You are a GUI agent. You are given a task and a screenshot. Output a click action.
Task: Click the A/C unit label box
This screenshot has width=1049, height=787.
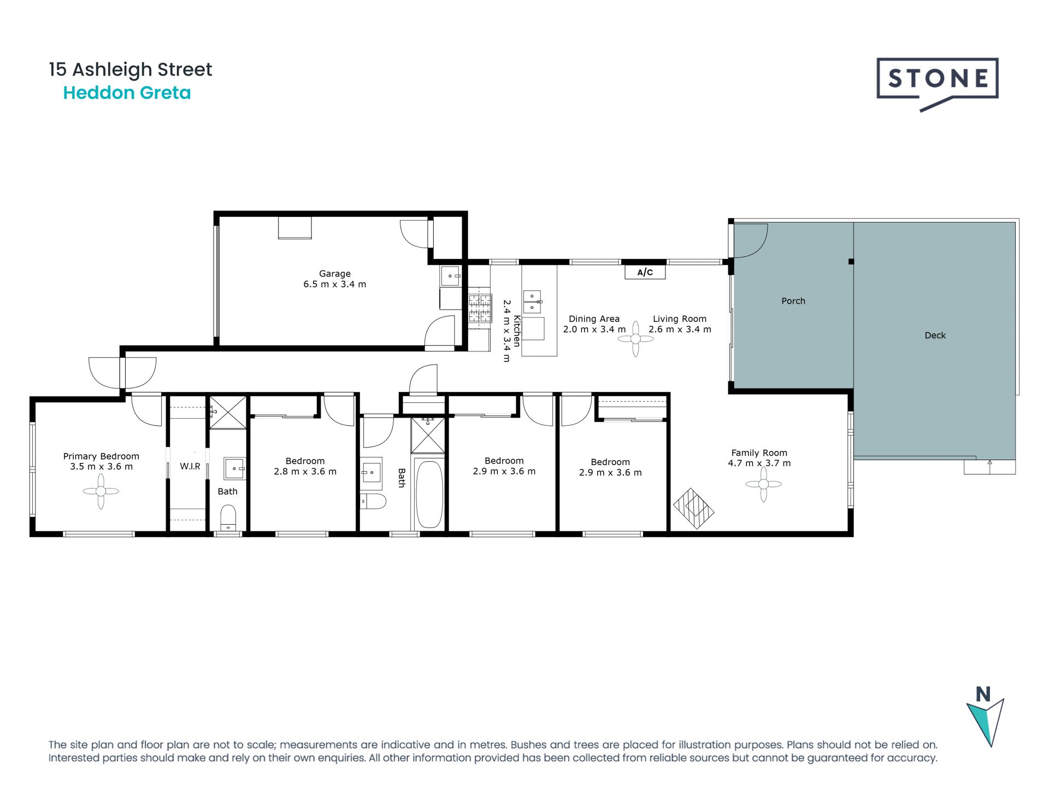click(645, 272)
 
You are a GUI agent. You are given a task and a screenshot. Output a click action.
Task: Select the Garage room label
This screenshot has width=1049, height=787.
click(335, 274)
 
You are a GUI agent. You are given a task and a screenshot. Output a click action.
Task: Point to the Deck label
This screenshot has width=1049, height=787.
click(935, 336)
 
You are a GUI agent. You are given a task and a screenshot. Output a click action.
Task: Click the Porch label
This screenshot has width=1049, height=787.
click(793, 301)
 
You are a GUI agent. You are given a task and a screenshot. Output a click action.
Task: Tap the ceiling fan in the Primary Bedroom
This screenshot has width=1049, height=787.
click(101, 491)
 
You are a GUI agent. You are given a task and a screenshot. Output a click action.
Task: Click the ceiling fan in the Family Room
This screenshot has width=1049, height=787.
click(763, 484)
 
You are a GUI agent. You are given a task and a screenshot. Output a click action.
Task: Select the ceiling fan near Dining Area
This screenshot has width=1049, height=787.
click(635, 339)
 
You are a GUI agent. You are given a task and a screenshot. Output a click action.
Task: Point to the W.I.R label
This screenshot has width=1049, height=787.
click(190, 467)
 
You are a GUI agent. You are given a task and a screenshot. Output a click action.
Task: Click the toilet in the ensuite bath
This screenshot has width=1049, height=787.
click(228, 517)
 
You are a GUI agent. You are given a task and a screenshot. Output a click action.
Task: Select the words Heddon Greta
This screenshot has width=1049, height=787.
click(127, 93)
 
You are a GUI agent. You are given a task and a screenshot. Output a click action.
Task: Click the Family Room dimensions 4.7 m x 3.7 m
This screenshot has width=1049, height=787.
click(759, 463)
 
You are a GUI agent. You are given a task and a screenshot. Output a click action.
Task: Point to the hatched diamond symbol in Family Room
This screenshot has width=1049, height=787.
click(693, 508)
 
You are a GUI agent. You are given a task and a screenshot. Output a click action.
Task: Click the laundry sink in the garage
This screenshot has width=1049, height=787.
click(451, 276)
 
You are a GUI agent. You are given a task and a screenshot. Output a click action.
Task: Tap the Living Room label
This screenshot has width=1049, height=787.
click(680, 319)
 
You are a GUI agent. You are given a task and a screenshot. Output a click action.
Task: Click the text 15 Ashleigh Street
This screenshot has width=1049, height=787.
click(131, 69)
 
